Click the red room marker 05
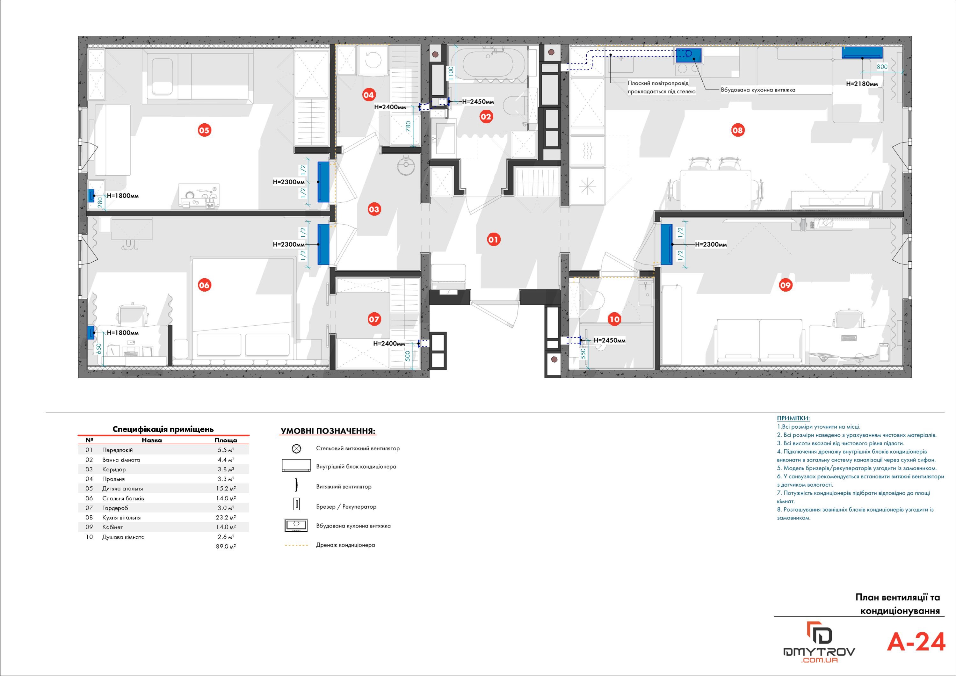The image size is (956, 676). tap(204, 130)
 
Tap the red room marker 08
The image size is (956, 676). tap(737, 130)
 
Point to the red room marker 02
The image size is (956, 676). tap(486, 117)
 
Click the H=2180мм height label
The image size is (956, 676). tap(862, 84)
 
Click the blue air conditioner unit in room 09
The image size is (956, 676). tap(667, 244)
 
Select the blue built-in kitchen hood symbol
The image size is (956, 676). tap(689, 56)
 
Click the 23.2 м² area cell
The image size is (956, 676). tap(226, 518)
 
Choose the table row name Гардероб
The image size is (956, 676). tap(115, 508)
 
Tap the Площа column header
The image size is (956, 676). tap(226, 440)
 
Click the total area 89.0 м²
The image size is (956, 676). tap(226, 547)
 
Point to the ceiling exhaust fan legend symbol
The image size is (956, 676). tap(296, 448)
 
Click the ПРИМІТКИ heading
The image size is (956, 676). tap(793, 418)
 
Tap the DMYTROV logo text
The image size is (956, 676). tap(819, 651)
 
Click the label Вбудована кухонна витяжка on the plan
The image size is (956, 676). tap(758, 90)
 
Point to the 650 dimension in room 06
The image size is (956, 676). tap(99, 349)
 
